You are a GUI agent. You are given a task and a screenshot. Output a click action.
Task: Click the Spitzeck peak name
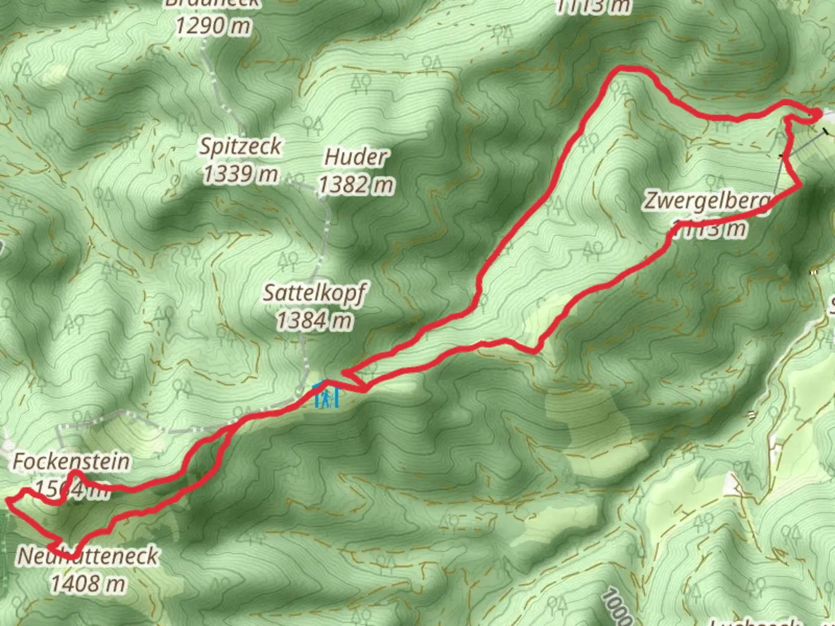click(x=240, y=147)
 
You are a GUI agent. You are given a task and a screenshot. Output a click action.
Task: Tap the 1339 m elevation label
click(x=240, y=173)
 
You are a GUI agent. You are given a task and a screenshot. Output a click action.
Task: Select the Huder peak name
click(x=355, y=157)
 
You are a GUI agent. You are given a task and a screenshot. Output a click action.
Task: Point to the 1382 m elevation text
click(x=356, y=185)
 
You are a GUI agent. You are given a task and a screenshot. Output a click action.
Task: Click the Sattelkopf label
click(x=314, y=293)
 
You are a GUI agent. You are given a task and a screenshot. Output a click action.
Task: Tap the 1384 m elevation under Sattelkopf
click(x=314, y=320)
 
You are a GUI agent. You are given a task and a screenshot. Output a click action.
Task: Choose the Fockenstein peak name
click(x=71, y=462)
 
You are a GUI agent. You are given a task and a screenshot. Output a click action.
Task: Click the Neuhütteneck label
click(x=88, y=556)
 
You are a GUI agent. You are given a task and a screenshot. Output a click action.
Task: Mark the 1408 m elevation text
click(x=88, y=583)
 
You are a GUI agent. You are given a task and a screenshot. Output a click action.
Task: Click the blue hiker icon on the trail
click(x=326, y=397)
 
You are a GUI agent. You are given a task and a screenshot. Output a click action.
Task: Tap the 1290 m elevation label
click(x=214, y=26)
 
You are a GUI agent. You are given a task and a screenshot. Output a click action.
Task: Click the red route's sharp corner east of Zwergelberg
click(x=801, y=185)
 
